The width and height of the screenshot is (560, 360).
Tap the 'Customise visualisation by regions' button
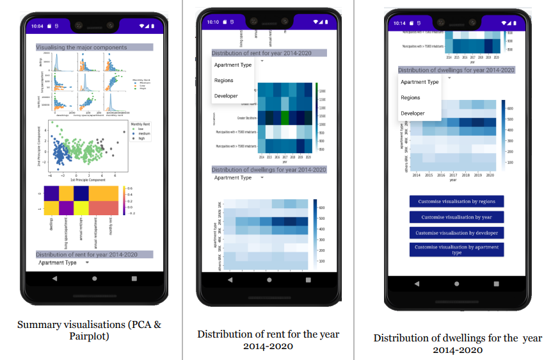click(457, 201)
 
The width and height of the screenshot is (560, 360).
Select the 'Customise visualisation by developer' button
click(457, 233)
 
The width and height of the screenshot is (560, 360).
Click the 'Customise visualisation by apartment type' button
click(457, 250)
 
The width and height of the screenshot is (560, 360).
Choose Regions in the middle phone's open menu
click(223, 81)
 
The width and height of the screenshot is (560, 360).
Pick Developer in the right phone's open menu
click(413, 113)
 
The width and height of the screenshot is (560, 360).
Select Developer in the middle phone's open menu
click(226, 96)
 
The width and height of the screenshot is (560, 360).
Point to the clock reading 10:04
click(37, 26)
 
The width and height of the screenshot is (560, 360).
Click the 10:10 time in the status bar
click(213, 22)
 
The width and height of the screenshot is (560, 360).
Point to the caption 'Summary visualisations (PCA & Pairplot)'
click(89, 330)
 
